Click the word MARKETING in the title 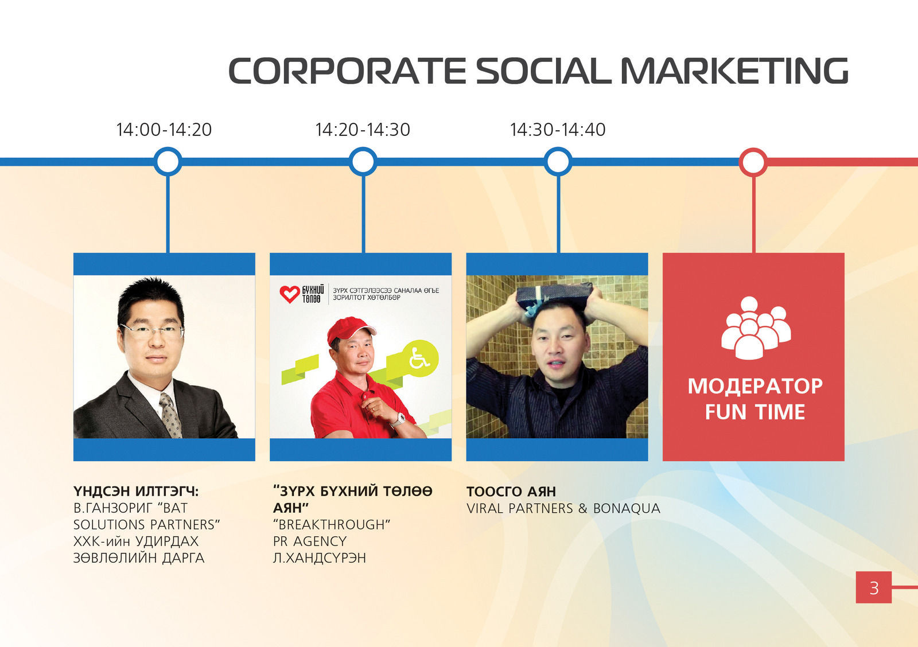[734, 71]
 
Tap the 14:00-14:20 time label [164, 130]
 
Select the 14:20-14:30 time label [363, 130]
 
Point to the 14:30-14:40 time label [558, 130]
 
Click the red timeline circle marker [753, 162]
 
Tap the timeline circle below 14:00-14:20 [168, 161]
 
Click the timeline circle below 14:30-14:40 [558, 161]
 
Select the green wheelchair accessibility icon [420, 358]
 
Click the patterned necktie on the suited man [170, 415]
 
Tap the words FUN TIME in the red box [755, 412]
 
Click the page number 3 [874, 588]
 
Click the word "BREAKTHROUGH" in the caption [332, 524]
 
